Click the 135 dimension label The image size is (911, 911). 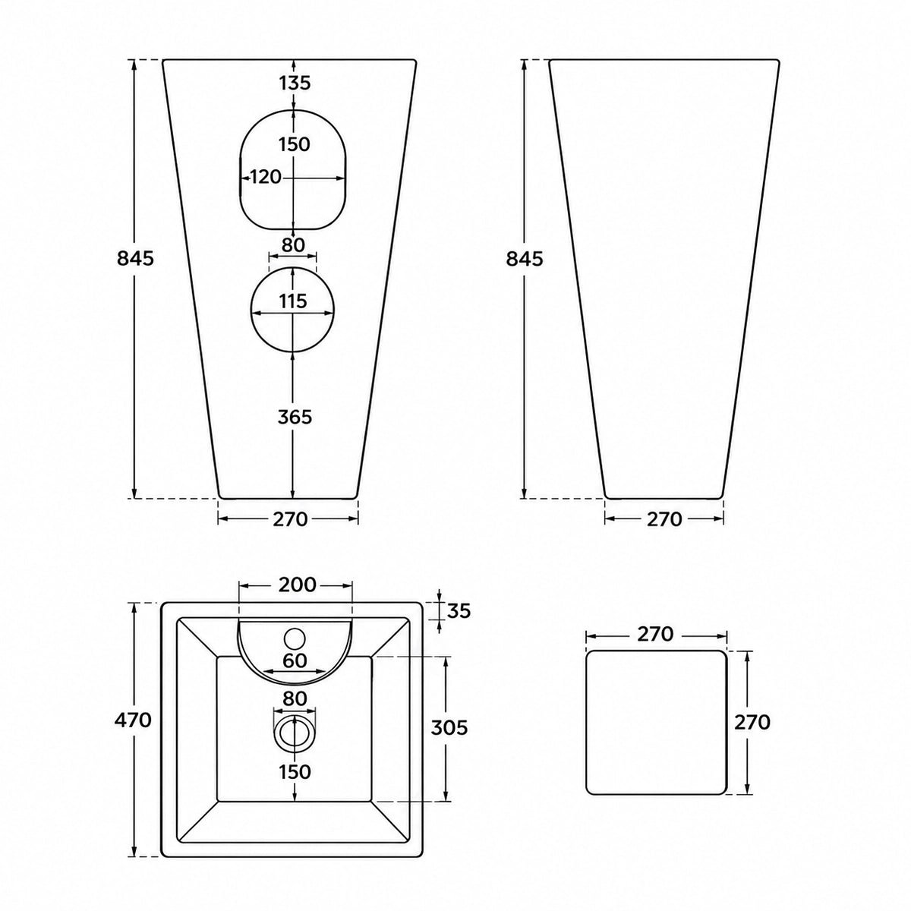pyautogui.click(x=295, y=84)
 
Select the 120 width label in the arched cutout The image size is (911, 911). pyautogui.click(x=266, y=178)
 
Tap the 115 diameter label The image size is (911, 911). pyautogui.click(x=293, y=301)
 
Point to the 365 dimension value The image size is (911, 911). pyautogui.click(x=295, y=417)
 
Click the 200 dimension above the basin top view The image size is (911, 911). pyautogui.click(x=297, y=585)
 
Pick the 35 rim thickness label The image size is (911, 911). pyautogui.click(x=459, y=611)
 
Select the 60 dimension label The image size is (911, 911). pyautogui.click(x=295, y=660)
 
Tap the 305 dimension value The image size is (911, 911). pyautogui.click(x=449, y=727)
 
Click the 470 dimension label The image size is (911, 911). pyautogui.click(x=134, y=720)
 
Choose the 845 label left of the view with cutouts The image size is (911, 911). pyautogui.click(x=136, y=259)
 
